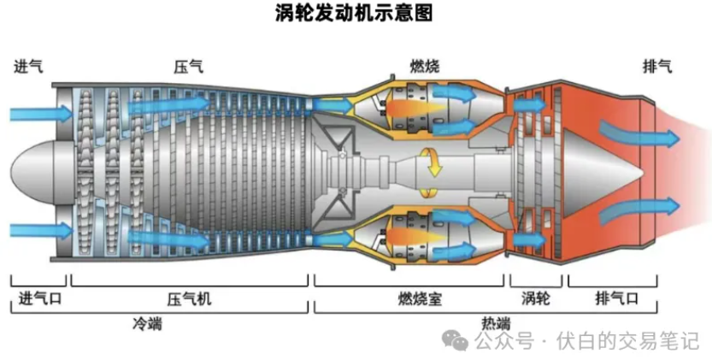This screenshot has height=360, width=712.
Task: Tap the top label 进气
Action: pos(29,67)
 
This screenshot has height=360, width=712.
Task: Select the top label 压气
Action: pos(189,67)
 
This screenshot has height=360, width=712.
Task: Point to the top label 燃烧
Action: pos(424,67)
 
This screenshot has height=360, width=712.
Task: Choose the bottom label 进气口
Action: pos(39,298)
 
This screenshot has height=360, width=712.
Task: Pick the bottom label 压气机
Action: pos(190,298)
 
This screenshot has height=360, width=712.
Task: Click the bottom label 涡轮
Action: pos(535,298)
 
